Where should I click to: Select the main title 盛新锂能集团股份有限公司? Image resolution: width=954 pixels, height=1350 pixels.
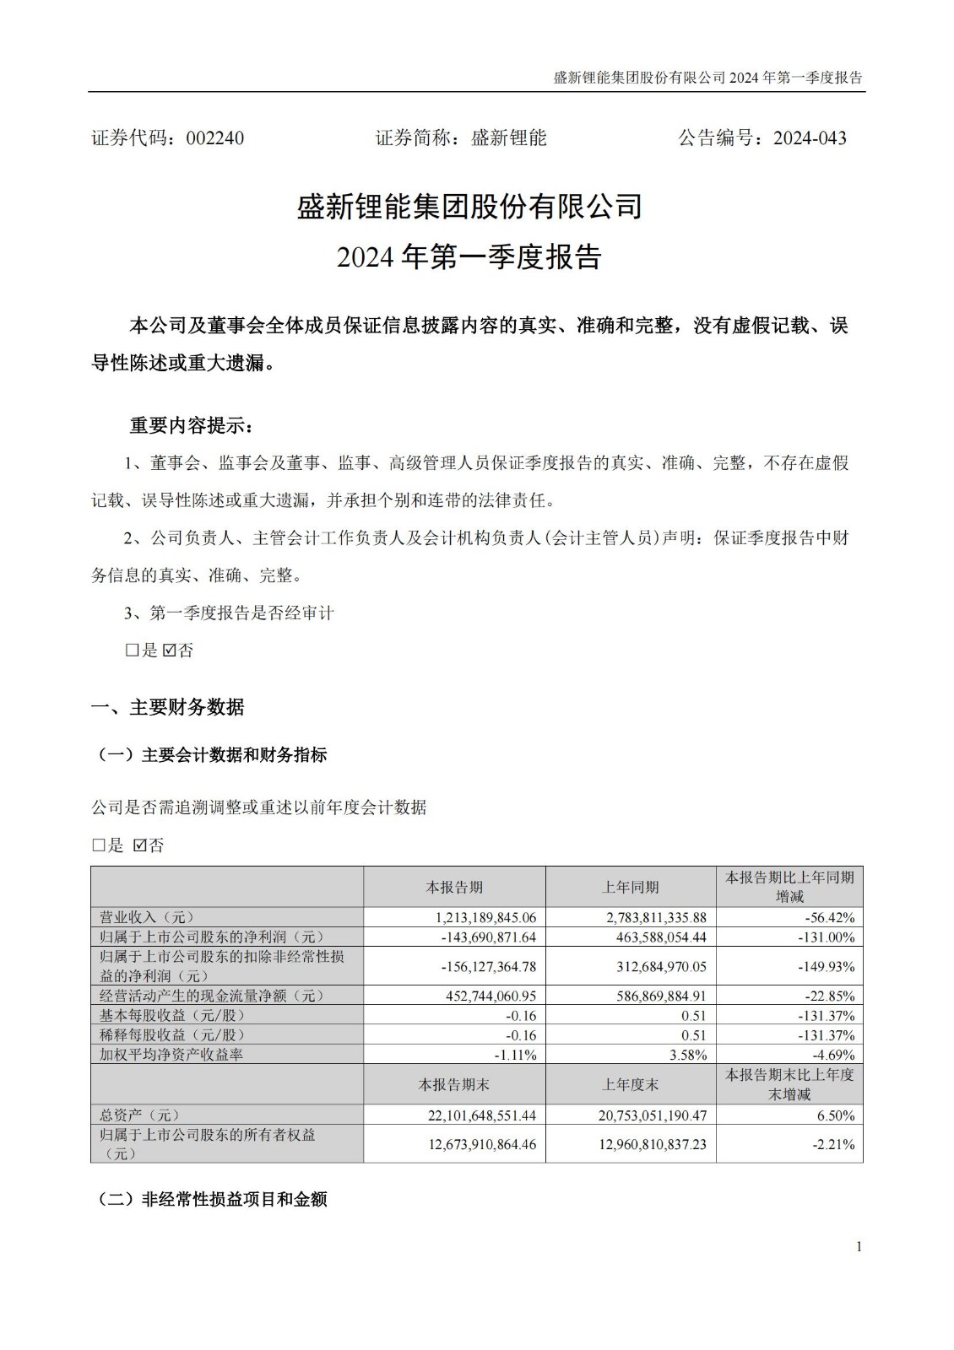(469, 207)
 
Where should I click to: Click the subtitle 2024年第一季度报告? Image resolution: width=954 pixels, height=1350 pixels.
(469, 256)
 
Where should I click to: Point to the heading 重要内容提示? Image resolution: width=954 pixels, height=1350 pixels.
(190, 425)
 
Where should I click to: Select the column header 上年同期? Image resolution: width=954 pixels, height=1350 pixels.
(630, 887)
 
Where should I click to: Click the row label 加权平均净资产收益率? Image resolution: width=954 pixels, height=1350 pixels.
(171, 1055)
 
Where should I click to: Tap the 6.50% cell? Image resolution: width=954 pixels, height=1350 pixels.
(836, 1115)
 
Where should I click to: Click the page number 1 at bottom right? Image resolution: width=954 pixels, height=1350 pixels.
(859, 1247)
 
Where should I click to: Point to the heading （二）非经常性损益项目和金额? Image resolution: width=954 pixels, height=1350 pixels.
(213, 1199)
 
